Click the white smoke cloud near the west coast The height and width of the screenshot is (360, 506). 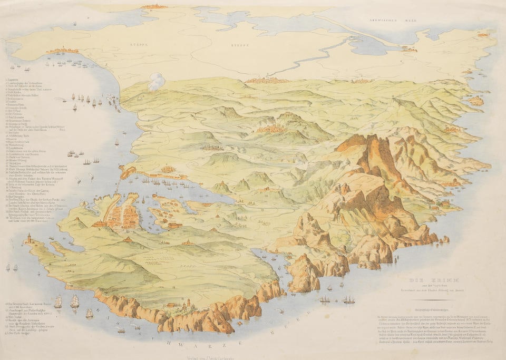[x=157, y=82]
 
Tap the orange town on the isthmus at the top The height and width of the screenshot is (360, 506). [x=153, y=6]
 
